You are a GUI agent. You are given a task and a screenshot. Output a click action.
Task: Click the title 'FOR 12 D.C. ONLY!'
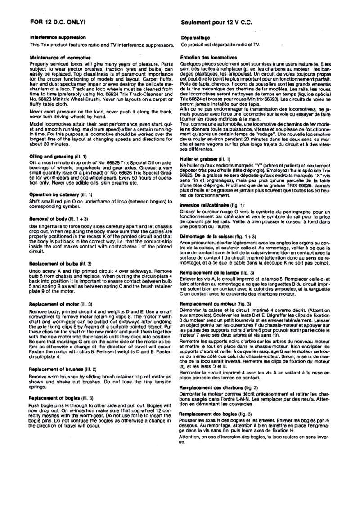click(x=57, y=21)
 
